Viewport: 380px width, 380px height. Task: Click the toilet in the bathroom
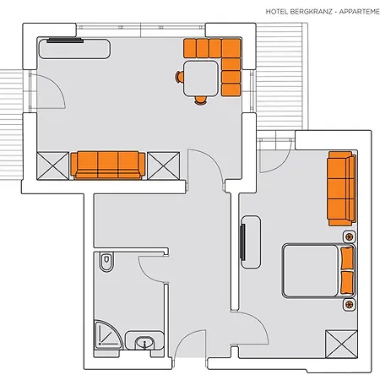click(x=106, y=262)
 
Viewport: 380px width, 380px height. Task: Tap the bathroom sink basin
click(x=144, y=343)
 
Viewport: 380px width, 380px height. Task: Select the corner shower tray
click(x=108, y=334)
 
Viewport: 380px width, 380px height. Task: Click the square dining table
click(x=201, y=79)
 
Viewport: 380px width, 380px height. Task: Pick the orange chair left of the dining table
click(x=179, y=77)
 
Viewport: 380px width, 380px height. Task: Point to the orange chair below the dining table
click(x=201, y=100)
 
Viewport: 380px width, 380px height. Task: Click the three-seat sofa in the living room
click(x=108, y=166)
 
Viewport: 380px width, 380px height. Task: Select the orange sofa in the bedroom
click(x=341, y=188)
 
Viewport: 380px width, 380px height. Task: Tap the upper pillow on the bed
click(x=347, y=258)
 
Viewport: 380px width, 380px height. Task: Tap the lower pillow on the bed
click(x=347, y=283)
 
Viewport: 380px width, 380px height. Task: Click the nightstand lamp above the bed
click(x=350, y=236)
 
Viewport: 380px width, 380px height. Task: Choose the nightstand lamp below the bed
click(x=350, y=304)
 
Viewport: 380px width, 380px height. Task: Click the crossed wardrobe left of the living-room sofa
click(x=53, y=166)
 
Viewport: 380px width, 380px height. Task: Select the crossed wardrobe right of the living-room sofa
click(x=164, y=166)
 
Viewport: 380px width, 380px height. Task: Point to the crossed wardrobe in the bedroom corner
click(x=341, y=344)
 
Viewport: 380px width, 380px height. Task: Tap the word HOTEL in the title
click(x=277, y=12)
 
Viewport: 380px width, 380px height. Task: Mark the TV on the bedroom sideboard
click(x=242, y=242)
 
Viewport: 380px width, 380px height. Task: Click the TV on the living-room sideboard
click(x=65, y=41)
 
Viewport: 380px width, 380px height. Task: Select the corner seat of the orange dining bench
click(x=231, y=48)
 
